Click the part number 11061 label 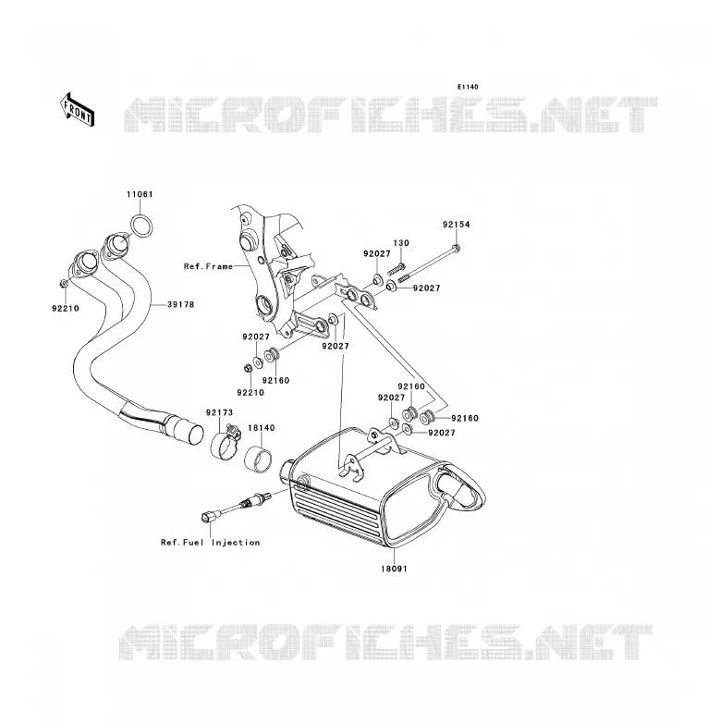point(140,194)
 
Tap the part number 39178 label point(180,304)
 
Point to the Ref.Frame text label point(208,266)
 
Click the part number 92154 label point(457,225)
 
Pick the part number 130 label point(401,243)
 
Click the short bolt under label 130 point(397,269)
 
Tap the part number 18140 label point(262,428)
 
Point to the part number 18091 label point(394,569)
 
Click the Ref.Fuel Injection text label point(210,543)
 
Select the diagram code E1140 point(468,87)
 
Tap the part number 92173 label point(219,412)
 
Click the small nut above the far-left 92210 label point(64,283)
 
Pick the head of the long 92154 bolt point(457,249)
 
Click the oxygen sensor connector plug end point(207,516)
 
